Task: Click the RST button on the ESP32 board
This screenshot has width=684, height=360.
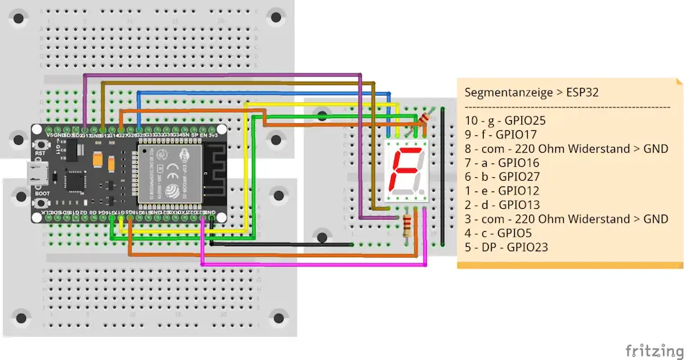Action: [38, 147]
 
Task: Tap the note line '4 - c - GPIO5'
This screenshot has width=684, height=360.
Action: [498, 233]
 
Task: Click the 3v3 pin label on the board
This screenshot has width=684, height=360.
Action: [214, 135]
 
